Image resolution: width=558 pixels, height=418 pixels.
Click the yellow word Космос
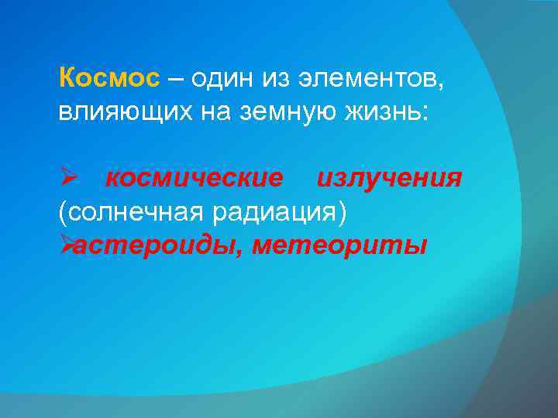109,79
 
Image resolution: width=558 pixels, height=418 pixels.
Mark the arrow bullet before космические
67,179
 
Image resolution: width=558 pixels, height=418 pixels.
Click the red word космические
195,179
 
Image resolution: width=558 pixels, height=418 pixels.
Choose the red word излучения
389,179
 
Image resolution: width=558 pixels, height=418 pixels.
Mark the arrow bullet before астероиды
67,245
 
